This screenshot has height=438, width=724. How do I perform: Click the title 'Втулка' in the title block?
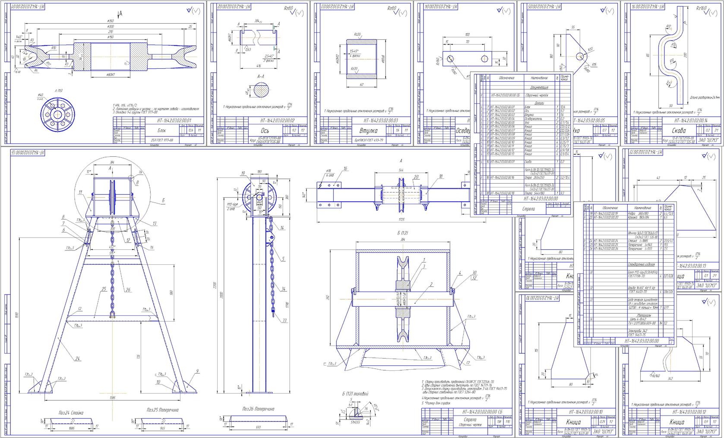368,130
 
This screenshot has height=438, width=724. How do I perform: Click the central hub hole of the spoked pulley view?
57,115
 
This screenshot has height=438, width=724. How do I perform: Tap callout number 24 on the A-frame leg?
78,359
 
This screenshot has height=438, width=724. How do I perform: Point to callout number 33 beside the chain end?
285,321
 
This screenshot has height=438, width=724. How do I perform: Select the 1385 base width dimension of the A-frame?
113,397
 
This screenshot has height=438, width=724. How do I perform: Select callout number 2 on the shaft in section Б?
431,284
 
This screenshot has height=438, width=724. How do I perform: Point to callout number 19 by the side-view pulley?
243,174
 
